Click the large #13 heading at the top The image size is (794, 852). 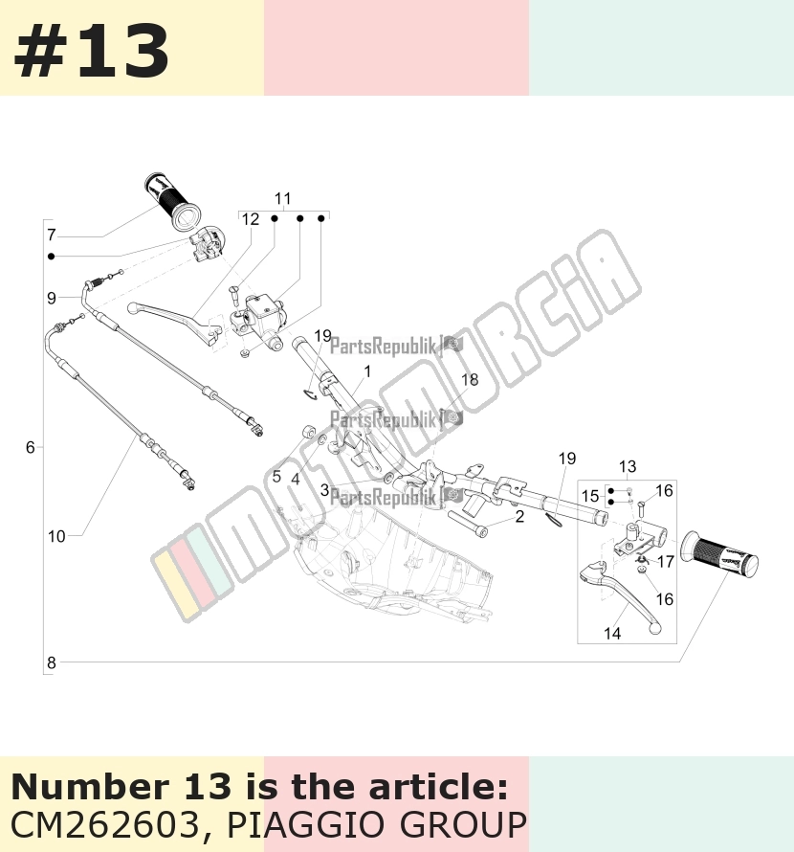[91, 51]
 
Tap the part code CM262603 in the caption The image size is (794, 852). [105, 824]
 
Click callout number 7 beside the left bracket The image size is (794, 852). [52, 235]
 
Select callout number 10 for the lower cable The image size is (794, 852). [56, 536]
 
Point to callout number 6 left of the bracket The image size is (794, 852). [31, 447]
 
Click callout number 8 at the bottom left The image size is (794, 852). [52, 662]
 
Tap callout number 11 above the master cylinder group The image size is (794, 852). [283, 198]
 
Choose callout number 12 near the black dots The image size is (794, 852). [251, 219]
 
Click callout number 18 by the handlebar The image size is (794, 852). [470, 379]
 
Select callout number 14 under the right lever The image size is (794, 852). [612, 633]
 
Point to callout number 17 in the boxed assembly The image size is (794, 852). [666, 561]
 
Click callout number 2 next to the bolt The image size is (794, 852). [519, 516]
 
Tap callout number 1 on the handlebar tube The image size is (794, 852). [367, 371]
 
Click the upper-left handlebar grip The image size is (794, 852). [173, 202]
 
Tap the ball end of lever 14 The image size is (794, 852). [656, 628]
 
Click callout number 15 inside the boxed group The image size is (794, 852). [590, 496]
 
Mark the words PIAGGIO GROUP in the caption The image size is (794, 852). [376, 824]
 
